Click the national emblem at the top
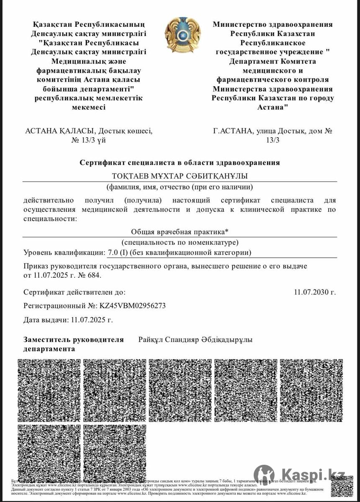pyautogui.click(x=183, y=35)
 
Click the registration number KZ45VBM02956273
pyautogui.click(x=132, y=306)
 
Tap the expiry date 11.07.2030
pyautogui.click(x=315, y=292)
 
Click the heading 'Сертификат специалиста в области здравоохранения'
pyautogui.click(x=180, y=163)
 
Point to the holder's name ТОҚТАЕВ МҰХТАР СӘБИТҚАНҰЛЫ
pyautogui.click(x=180, y=176)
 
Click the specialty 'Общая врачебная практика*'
pyautogui.click(x=180, y=231)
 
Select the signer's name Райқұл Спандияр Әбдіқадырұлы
pyautogui.click(x=195, y=340)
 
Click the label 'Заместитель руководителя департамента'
pyautogui.click(x=74, y=344)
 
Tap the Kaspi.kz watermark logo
pyautogui.click(x=300, y=474)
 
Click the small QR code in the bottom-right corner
pyautogui.click(x=342, y=486)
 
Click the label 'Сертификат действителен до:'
pyautogui.click(x=75, y=292)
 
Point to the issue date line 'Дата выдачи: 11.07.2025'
pyautogui.click(x=68, y=320)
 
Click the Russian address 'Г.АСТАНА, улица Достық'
pyautogui.click(x=273, y=131)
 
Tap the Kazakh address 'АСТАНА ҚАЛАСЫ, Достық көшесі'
pyautogui.click(x=89, y=131)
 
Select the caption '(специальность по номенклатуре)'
pyautogui.click(x=180, y=242)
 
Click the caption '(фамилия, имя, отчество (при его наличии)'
pyautogui.click(x=180, y=187)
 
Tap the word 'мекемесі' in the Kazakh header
pyautogui.click(x=89, y=107)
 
